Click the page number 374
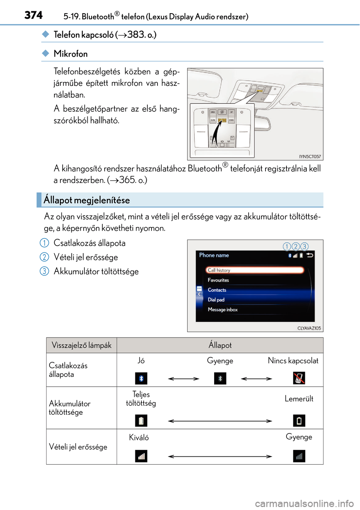click(33, 15)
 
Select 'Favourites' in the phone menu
click(218, 280)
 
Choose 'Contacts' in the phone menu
click(217, 290)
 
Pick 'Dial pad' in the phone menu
click(216, 300)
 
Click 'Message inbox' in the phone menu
click(223, 309)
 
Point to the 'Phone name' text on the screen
click(214, 255)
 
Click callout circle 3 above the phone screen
click(304, 246)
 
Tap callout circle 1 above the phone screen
click(286, 246)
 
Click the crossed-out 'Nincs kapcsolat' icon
click(299, 378)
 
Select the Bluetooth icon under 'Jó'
click(141, 378)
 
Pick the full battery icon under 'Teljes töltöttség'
click(141, 421)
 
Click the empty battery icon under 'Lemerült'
click(299, 421)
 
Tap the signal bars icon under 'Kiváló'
click(141, 456)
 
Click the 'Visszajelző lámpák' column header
click(81, 345)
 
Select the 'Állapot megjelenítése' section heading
click(87, 200)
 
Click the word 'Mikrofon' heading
click(70, 54)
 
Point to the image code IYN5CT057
click(310, 156)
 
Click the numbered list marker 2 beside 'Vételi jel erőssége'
click(44, 257)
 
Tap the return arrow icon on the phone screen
click(310, 255)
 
